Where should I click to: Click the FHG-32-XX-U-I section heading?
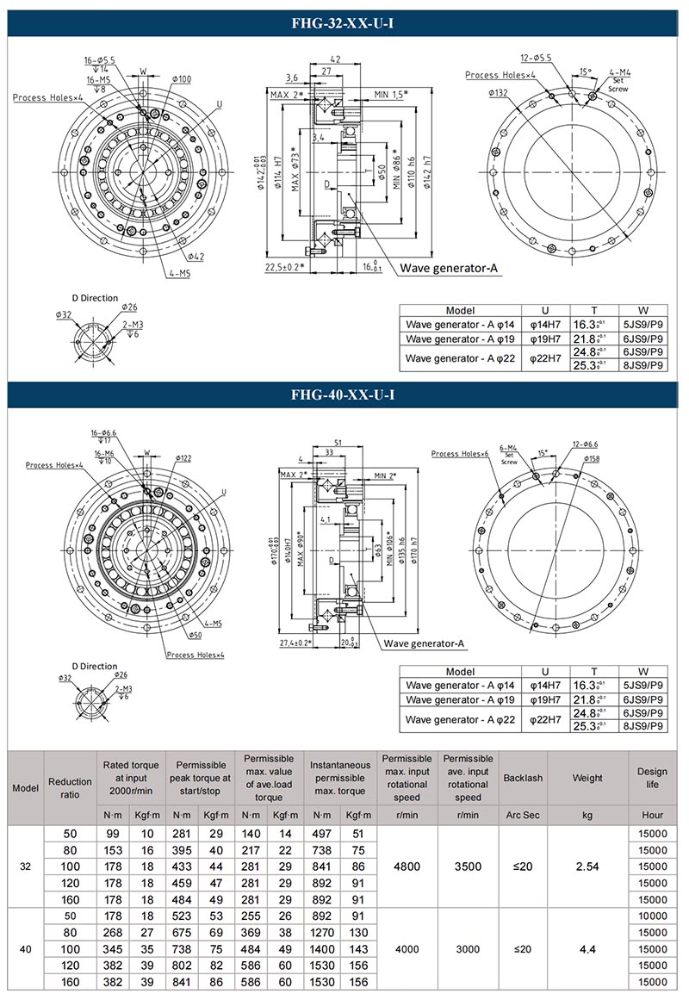pyautogui.click(x=344, y=23)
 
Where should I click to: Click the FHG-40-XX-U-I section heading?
pyautogui.click(x=344, y=395)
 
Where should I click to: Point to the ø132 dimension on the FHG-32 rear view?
pyautogui.click(x=497, y=92)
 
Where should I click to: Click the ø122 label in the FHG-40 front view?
pyautogui.click(x=183, y=458)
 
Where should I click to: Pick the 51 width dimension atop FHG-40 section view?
pyautogui.click(x=339, y=443)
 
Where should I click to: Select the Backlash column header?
pyautogui.click(x=523, y=778)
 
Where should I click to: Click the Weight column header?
pyautogui.click(x=587, y=778)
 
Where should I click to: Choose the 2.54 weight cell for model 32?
pyautogui.click(x=587, y=866)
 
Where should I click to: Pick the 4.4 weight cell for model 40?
pyautogui.click(x=587, y=948)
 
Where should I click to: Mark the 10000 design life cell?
pyautogui.click(x=653, y=916)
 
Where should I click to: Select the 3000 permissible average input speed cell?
pyautogui.click(x=468, y=948)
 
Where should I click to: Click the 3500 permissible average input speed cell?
pyautogui.click(x=468, y=866)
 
